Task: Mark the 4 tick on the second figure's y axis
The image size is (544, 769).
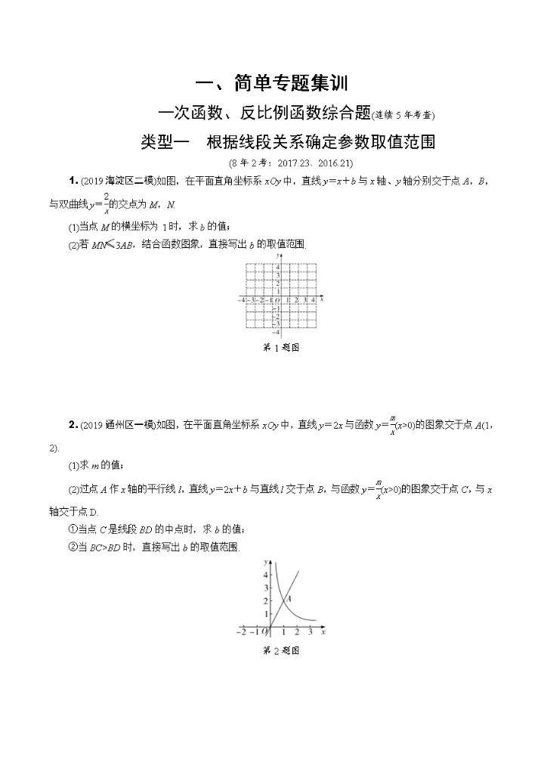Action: pos(266,575)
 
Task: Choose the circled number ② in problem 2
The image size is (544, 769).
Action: pos(73,547)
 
